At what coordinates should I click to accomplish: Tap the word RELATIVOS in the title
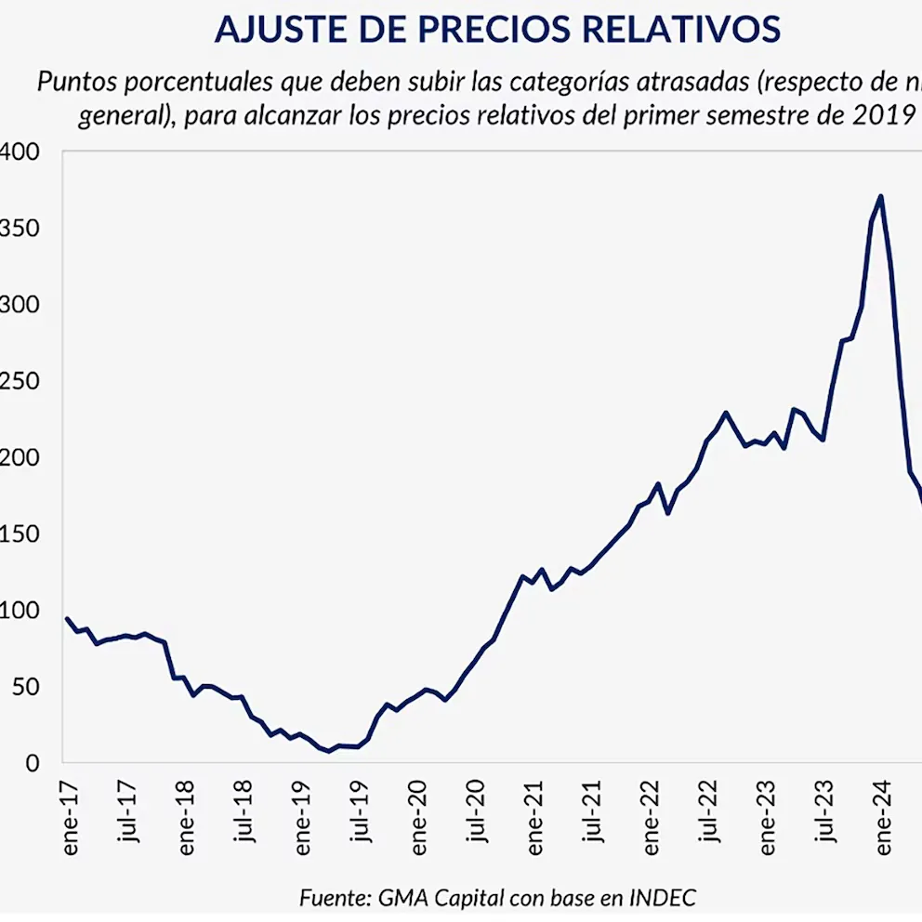point(681,30)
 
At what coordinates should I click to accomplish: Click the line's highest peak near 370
point(880,196)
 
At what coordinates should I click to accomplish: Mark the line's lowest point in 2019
point(328,751)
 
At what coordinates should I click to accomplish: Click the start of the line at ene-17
point(67,618)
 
